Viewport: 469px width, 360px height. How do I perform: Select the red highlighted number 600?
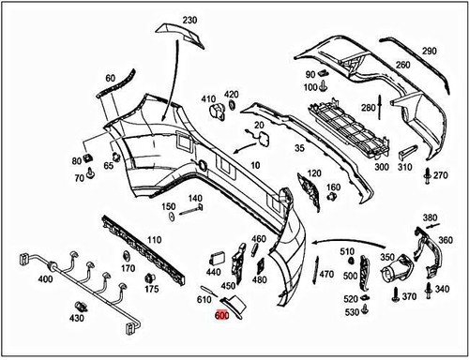point(221,316)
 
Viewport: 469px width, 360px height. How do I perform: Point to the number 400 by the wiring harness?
point(19,280)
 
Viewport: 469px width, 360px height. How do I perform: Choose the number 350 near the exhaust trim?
point(386,256)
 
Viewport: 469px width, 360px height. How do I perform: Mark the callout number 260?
point(402,66)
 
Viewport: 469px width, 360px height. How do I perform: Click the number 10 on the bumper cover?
point(253,165)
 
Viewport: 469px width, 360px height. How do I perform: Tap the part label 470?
point(326,275)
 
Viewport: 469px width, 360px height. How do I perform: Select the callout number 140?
point(195,198)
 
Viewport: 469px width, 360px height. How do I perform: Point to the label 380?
point(431,217)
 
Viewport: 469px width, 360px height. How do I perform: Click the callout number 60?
point(111,78)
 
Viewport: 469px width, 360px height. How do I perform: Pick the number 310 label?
point(404,168)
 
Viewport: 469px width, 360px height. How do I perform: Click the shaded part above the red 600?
point(232,301)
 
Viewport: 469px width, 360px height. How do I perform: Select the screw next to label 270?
point(428,174)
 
